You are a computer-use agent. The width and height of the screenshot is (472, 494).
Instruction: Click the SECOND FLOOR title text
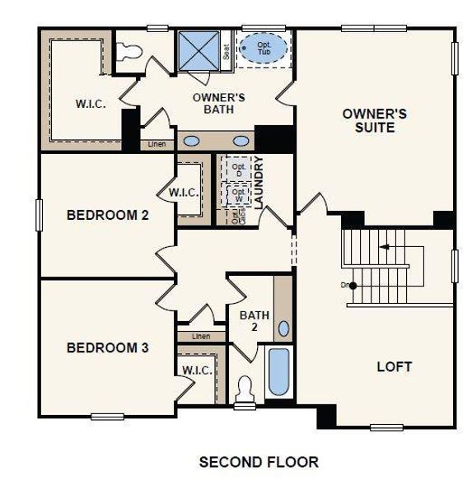[x=259, y=462]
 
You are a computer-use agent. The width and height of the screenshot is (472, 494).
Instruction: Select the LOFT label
[x=394, y=366]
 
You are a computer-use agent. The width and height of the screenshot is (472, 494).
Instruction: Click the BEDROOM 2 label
[x=107, y=216]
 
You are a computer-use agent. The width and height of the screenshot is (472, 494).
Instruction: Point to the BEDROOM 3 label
[x=107, y=347]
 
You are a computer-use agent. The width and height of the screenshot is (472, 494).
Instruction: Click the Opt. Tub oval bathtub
[x=264, y=48]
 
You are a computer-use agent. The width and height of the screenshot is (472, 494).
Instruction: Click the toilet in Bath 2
[x=245, y=389]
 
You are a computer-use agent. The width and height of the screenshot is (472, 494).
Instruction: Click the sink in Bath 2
[x=283, y=329]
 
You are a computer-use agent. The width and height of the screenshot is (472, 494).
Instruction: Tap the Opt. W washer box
[x=239, y=196]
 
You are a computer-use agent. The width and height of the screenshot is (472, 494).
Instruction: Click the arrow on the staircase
[x=384, y=246]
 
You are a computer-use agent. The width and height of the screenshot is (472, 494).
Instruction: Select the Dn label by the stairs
[x=345, y=286]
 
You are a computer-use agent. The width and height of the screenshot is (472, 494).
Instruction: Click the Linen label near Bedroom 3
[x=201, y=336]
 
